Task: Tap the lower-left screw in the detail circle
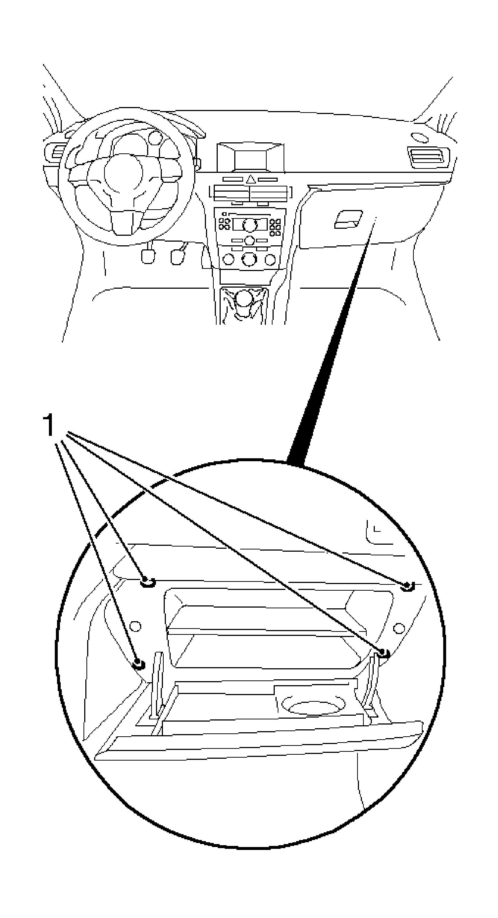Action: point(139,664)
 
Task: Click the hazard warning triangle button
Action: point(251,179)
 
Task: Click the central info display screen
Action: point(250,160)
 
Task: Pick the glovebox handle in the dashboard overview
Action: point(348,219)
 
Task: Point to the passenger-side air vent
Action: point(428,157)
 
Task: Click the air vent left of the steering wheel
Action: point(55,153)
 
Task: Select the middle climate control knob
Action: point(249,260)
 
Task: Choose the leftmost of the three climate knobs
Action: point(228,260)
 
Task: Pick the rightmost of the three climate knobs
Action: point(270,260)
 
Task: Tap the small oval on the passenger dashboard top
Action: point(420,138)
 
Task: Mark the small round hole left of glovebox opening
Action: point(135,626)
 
